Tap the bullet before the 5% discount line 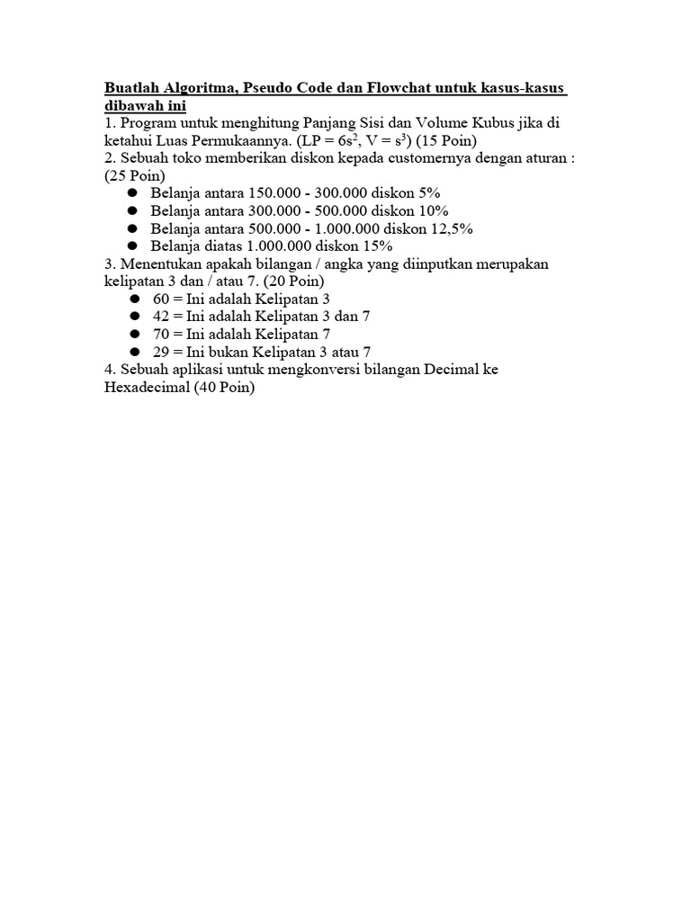(x=132, y=193)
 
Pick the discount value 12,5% (x=450, y=228)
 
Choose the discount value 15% (x=375, y=246)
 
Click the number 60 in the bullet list (x=161, y=299)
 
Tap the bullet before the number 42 (x=132, y=317)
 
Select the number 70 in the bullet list (x=161, y=334)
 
